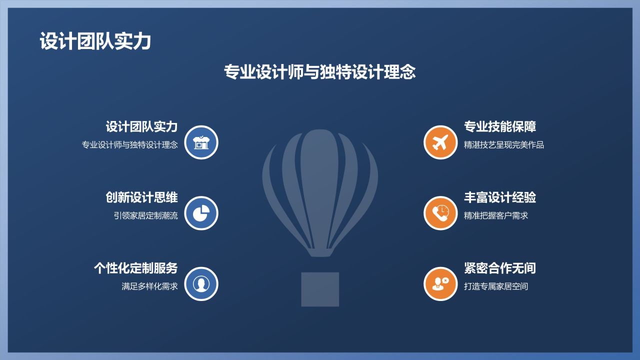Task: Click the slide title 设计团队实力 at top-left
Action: click(x=95, y=41)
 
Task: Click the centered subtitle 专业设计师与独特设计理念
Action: click(x=319, y=72)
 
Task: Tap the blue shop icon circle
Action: click(x=201, y=142)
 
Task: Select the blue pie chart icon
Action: click(x=201, y=213)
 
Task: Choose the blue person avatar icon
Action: click(x=201, y=284)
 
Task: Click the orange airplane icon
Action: click(x=440, y=142)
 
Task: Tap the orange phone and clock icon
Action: click(x=440, y=213)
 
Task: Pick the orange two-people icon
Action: click(x=440, y=284)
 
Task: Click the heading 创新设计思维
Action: click(x=141, y=197)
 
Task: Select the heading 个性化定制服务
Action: click(x=135, y=268)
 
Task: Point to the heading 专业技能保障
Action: click(x=500, y=126)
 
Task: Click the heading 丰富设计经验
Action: click(x=500, y=197)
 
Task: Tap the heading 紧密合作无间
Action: click(x=500, y=268)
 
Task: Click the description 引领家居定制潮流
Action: click(x=145, y=216)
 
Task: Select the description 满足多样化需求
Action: click(x=149, y=287)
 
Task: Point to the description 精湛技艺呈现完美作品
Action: click(x=504, y=145)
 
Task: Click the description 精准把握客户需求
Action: click(x=496, y=216)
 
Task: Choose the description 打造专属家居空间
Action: click(x=496, y=287)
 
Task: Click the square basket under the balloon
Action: click(x=320, y=289)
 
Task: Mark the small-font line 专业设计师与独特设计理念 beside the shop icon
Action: click(x=129, y=145)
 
